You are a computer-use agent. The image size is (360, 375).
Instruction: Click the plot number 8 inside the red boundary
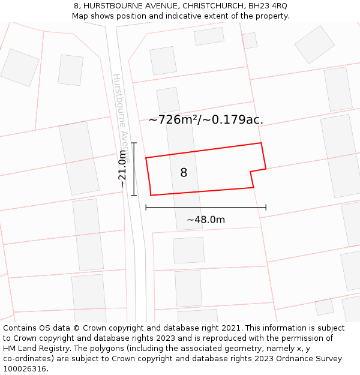click(184, 173)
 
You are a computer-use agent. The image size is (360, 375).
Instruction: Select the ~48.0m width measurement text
click(206, 220)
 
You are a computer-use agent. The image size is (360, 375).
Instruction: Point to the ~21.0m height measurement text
click(122, 169)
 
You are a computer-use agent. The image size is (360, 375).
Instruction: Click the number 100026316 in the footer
click(26, 369)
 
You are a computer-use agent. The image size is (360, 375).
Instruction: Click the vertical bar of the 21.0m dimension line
click(134, 169)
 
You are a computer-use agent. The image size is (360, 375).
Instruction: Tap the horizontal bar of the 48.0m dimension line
click(206, 208)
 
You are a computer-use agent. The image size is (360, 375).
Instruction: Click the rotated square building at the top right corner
click(314, 44)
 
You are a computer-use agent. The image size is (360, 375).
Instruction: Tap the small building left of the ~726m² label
click(168, 100)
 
